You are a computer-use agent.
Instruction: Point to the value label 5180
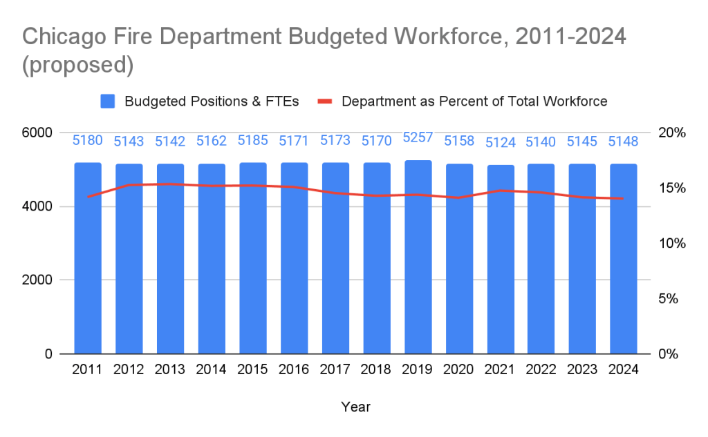point(88,140)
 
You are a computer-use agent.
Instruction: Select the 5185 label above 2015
point(253,140)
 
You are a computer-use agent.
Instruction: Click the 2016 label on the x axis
point(294,369)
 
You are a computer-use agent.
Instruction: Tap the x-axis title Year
point(355,407)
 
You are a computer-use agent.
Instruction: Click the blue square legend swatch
point(108,101)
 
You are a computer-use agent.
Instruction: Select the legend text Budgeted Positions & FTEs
point(212,101)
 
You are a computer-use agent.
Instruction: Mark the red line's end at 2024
point(624,199)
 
